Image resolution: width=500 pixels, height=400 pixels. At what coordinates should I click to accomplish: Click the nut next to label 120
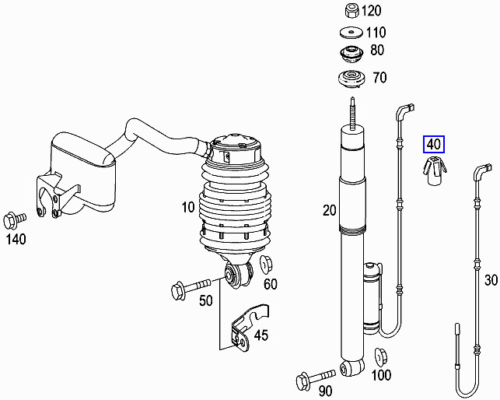349,11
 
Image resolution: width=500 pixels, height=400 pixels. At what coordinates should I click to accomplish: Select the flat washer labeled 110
350,33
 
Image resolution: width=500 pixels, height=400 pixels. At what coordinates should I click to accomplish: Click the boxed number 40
433,144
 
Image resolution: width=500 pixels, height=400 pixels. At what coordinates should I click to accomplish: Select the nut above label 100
381,357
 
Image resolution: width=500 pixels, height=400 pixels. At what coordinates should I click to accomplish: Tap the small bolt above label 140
15,217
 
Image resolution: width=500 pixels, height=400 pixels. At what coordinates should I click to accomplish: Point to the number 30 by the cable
490,281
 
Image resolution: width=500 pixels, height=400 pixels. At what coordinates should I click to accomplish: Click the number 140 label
16,238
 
